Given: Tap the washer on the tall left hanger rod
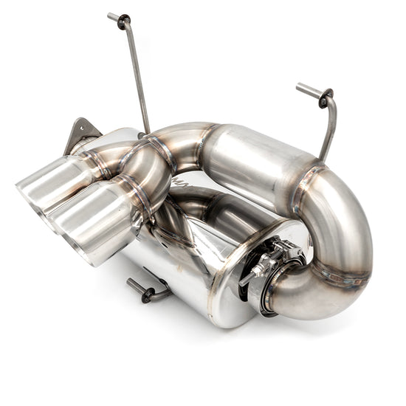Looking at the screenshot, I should point(123,21).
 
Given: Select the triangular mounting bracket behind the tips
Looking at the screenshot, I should point(82,134).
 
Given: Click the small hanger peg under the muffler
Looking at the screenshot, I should point(140,289).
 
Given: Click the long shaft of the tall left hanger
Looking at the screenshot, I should point(137,74).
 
